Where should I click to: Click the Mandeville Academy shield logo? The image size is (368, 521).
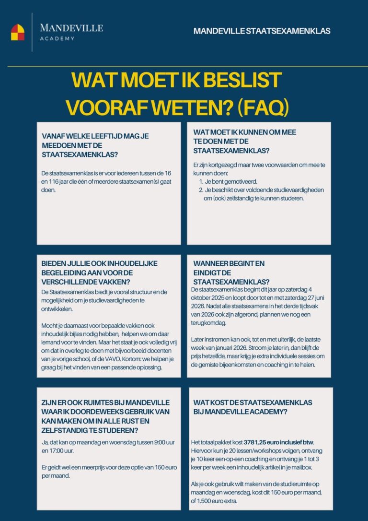[18, 32]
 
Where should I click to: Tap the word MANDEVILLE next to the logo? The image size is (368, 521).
[71, 28]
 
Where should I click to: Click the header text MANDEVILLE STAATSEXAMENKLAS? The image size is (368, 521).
[262, 31]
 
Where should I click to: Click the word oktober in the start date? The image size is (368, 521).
[201, 298]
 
